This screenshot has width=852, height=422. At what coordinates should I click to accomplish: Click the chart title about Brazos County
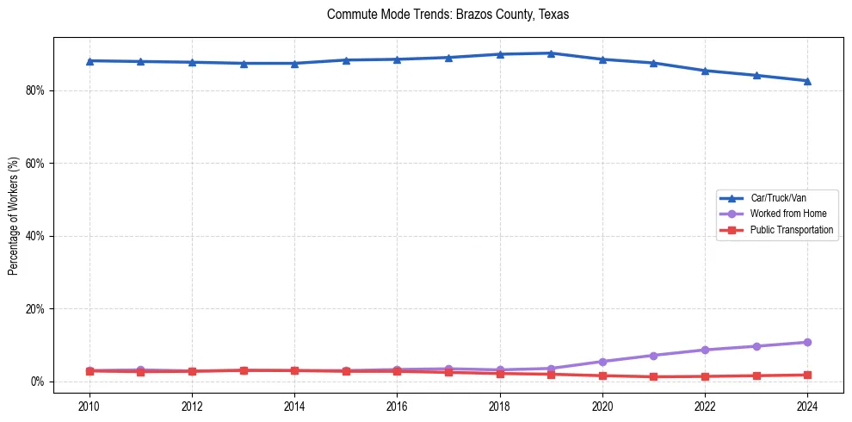click(448, 15)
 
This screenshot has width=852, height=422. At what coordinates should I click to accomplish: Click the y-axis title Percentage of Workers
click(13, 215)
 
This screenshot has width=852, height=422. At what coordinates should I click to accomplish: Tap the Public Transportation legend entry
click(791, 230)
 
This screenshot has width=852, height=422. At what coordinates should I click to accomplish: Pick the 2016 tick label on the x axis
click(397, 406)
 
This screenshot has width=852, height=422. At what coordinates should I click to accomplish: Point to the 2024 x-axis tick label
click(807, 406)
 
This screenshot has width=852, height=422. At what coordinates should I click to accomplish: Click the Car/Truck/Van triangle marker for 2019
click(551, 53)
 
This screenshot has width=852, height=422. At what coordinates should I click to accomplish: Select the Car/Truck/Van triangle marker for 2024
click(807, 81)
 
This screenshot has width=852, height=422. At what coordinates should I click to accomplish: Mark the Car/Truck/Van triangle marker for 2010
click(90, 61)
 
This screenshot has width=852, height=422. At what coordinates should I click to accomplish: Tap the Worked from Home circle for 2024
click(807, 343)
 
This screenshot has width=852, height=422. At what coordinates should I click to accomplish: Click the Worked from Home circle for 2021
click(653, 356)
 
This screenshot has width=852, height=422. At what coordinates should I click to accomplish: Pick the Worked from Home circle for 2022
click(705, 350)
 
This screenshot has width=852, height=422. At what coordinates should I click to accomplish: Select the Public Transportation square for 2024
click(807, 375)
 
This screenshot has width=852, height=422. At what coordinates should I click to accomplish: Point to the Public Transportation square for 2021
click(653, 376)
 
